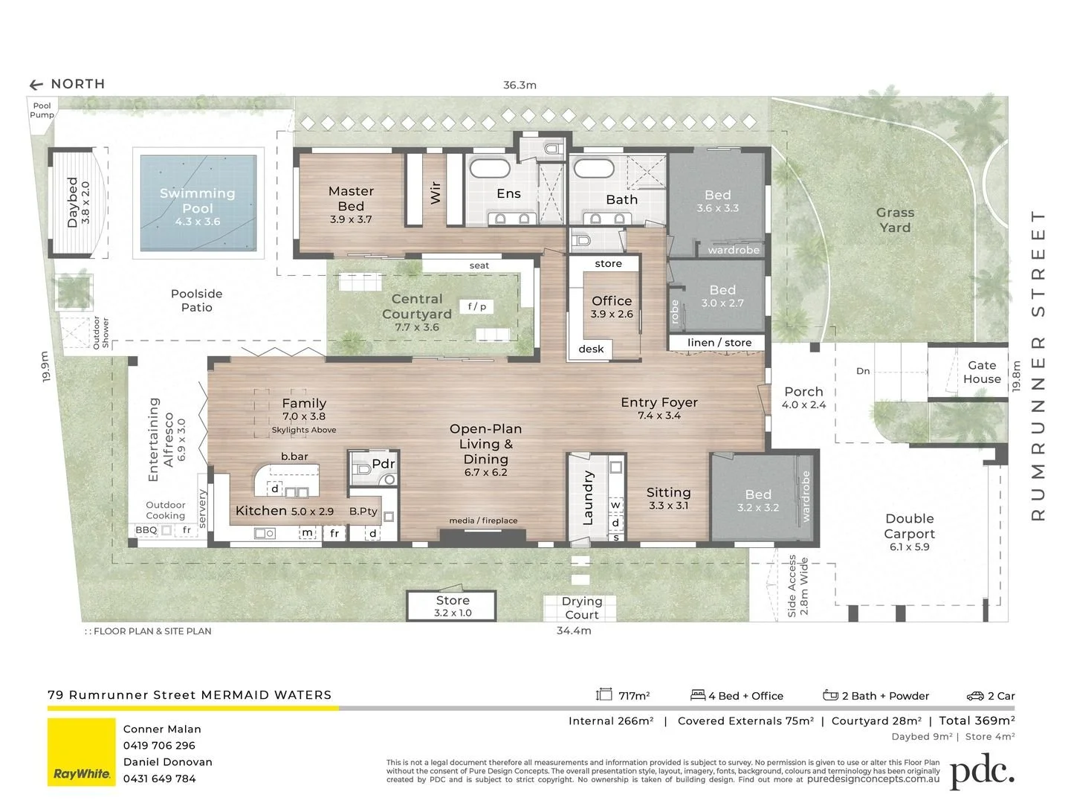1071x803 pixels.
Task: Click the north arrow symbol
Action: click(36, 85)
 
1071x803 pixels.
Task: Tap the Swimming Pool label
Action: click(198, 201)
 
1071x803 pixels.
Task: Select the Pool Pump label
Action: click(42, 110)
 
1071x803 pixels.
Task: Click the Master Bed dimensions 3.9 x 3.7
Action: click(351, 219)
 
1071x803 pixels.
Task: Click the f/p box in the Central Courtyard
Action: click(476, 306)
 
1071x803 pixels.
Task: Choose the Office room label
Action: click(612, 300)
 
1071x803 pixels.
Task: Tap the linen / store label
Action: click(719, 343)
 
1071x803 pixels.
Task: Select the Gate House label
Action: click(982, 372)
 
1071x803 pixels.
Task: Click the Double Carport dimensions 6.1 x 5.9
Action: click(910, 546)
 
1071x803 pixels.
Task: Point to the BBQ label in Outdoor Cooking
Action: click(146, 529)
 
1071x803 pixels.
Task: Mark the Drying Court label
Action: click(582, 607)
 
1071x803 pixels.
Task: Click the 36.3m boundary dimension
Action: click(520, 85)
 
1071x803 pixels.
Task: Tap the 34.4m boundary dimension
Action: click(574, 631)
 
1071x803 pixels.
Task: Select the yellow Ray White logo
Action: click(82, 752)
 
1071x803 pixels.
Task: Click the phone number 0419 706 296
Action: click(159, 746)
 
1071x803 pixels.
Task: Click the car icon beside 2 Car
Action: click(975, 696)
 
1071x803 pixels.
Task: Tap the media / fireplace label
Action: click(483, 520)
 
